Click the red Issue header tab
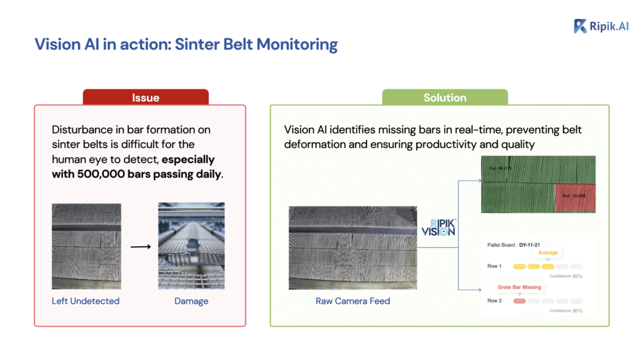coord(145,98)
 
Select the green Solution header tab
coord(445,98)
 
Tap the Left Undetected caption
coord(86,301)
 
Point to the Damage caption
coord(191,301)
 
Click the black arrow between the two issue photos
coord(140,246)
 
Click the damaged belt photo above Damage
coord(191,245)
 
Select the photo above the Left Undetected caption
coord(86,245)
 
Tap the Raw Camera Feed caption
coord(353,301)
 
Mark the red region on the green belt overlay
coord(574,198)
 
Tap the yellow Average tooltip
coord(547,252)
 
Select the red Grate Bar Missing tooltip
coord(519,288)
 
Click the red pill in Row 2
coord(519,301)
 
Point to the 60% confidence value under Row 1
coord(577,276)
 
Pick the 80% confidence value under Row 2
coord(577,310)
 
